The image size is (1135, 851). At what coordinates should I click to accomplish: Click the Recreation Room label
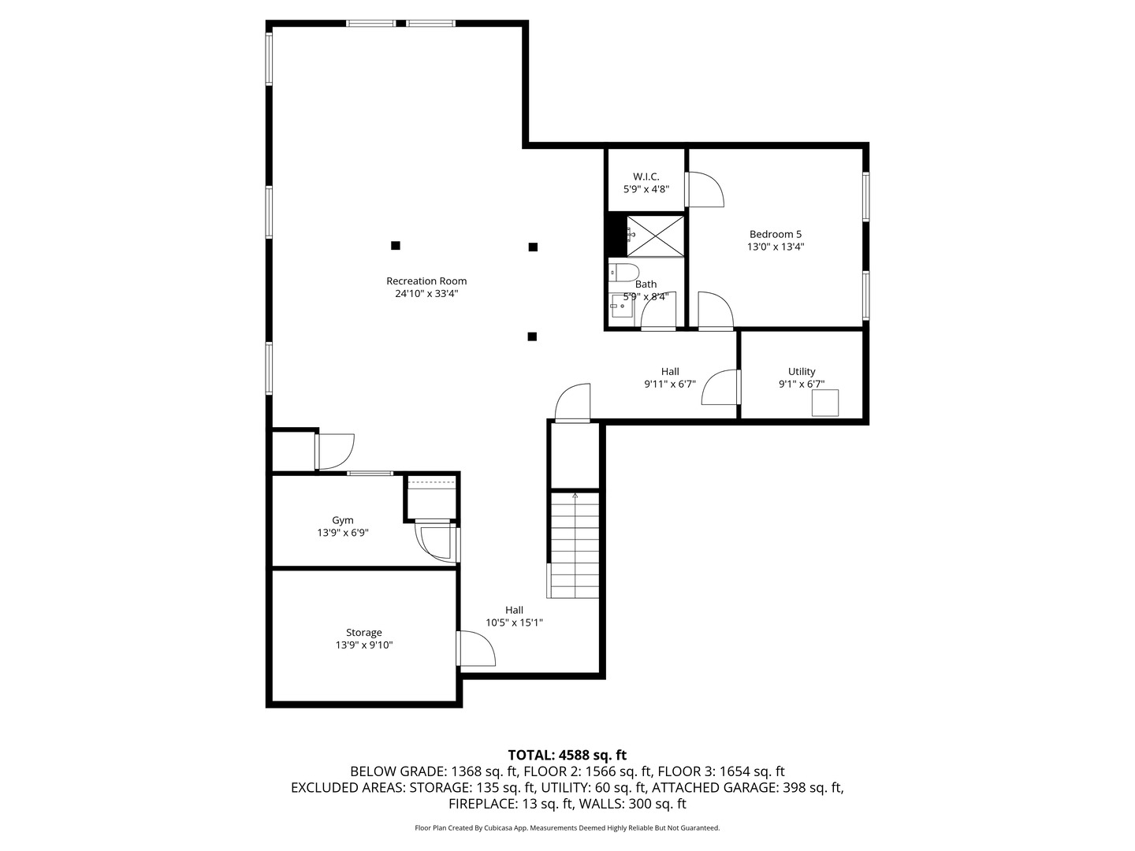[x=426, y=281]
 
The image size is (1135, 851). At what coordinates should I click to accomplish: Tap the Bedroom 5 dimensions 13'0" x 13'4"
[x=776, y=247]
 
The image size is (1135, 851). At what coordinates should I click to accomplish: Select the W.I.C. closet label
[x=646, y=177]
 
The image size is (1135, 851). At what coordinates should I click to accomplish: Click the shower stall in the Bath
[x=656, y=235]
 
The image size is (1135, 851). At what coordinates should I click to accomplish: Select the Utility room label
[x=802, y=372]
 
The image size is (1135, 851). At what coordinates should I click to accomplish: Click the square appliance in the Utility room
[x=826, y=403]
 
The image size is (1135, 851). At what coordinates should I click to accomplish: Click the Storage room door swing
[x=475, y=649]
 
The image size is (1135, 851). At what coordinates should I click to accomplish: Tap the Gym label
[x=343, y=520]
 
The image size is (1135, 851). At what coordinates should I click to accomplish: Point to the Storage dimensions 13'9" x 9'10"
[x=364, y=645]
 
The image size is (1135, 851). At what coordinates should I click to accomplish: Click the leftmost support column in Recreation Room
[x=396, y=246]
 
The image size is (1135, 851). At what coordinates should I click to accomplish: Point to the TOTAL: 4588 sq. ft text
[x=567, y=755]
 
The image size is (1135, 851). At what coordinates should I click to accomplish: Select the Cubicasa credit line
[x=567, y=828]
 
